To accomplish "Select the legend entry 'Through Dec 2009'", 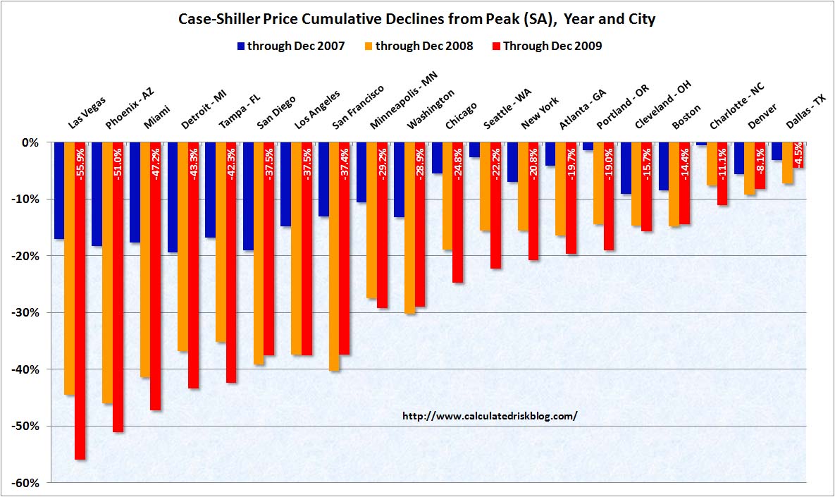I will (x=556, y=47).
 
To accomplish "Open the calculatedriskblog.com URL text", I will (x=490, y=416).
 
